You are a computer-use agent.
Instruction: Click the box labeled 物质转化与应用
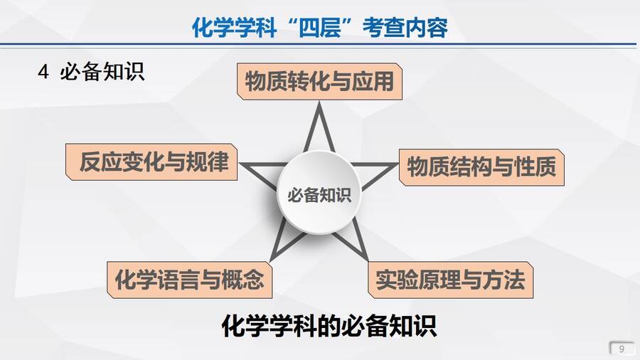point(319,81)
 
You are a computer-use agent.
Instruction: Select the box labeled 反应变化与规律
point(151,162)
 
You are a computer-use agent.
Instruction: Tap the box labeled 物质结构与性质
point(481,167)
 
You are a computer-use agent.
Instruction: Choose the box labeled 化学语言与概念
point(189,280)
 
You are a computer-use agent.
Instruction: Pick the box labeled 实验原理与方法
point(451,280)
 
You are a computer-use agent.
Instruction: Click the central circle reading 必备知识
point(319,194)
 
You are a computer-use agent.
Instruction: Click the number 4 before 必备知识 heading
point(43,73)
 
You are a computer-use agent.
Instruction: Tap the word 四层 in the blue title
point(319,28)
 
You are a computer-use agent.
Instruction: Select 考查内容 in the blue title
point(405,28)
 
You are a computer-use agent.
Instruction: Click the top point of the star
point(319,102)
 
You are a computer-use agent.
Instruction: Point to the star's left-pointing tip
point(240,164)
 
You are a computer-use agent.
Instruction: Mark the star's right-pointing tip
point(398,164)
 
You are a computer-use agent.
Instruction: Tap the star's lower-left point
point(271,260)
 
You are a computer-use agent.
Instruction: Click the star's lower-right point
point(368,260)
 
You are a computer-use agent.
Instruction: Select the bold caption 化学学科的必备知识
point(329,326)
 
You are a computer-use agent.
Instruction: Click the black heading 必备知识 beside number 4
point(102,73)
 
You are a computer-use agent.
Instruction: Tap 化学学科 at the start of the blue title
point(234,28)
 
